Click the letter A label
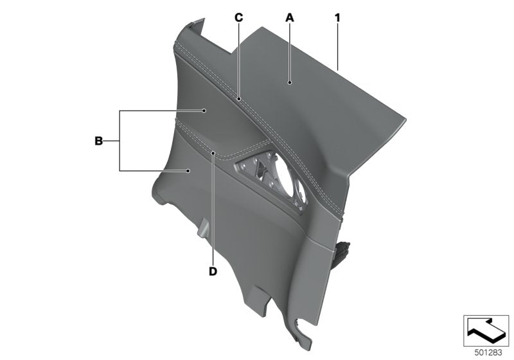click(x=290, y=18)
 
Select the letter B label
click(x=98, y=140)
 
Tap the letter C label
click(x=238, y=18)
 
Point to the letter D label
click(x=213, y=271)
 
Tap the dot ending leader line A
click(x=290, y=83)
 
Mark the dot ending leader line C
click(x=238, y=100)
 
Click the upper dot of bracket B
click(x=204, y=111)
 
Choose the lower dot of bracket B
click(x=188, y=170)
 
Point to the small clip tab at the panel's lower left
click(x=202, y=228)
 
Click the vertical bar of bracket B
click(x=120, y=140)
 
